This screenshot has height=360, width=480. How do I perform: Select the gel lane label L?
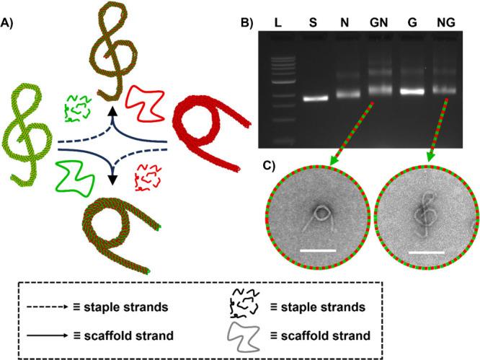point(278,24)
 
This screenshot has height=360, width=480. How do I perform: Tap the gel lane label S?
point(311,24)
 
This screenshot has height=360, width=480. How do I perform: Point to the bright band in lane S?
point(311,98)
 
